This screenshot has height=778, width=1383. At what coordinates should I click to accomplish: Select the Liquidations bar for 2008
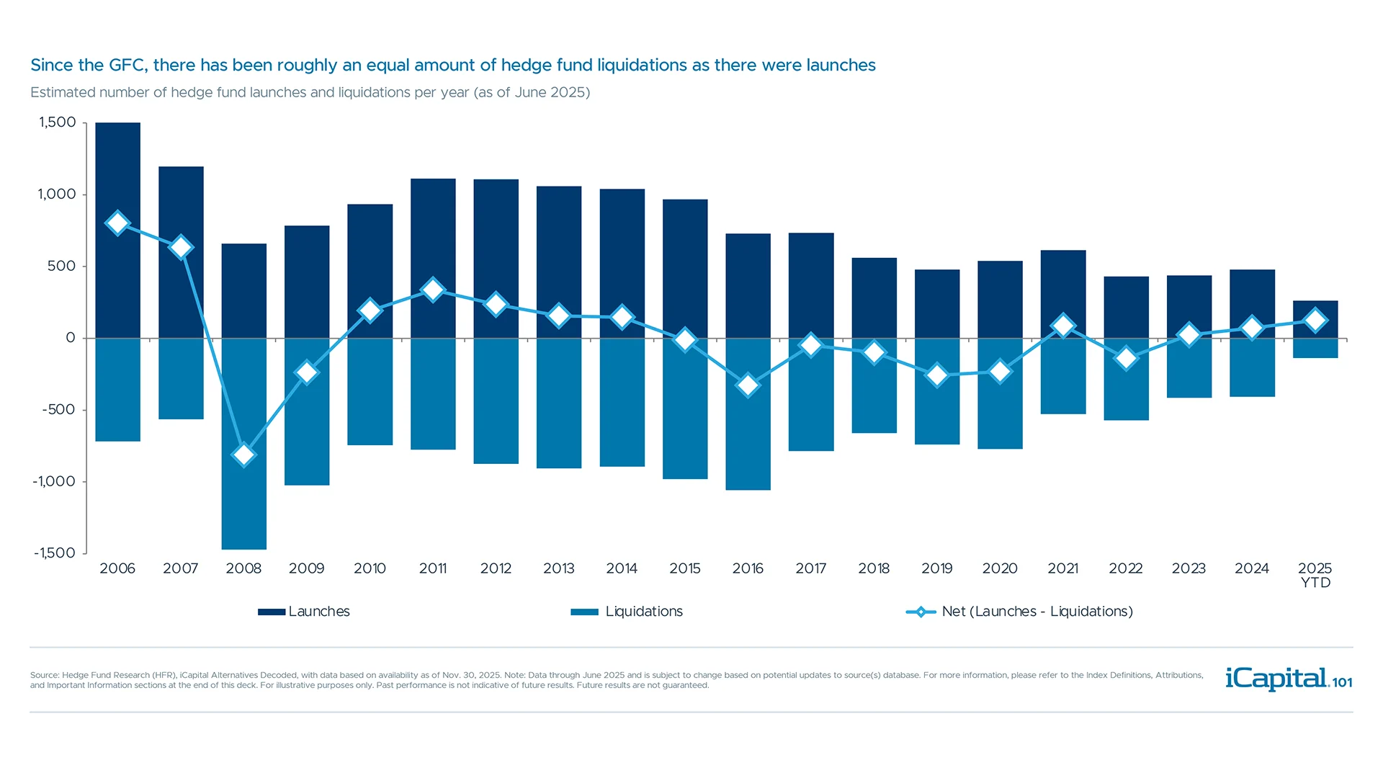243,504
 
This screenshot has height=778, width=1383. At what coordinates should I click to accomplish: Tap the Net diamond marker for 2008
243,455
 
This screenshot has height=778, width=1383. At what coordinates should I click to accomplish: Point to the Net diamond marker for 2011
433,290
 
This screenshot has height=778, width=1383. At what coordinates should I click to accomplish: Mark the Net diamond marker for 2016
748,385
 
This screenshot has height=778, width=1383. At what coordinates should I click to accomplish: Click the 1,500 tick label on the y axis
57,122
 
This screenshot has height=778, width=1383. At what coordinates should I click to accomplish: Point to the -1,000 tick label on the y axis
54,481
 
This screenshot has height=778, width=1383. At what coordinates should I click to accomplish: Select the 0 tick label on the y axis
70,338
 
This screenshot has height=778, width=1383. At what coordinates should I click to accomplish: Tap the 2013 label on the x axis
558,568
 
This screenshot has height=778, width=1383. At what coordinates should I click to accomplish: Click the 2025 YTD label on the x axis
1315,575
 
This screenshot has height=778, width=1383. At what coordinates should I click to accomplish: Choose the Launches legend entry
305,612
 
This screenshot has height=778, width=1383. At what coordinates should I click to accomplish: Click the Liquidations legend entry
627,612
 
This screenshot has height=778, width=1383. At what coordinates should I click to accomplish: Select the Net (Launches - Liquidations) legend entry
1020,612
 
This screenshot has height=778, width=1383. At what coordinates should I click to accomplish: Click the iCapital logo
1288,679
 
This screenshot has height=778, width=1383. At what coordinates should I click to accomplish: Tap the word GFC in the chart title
127,66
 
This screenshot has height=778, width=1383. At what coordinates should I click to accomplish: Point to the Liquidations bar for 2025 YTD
1315,348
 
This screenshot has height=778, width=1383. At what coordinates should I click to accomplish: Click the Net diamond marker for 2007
181,247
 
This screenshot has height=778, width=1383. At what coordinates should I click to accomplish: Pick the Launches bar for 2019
937,303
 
